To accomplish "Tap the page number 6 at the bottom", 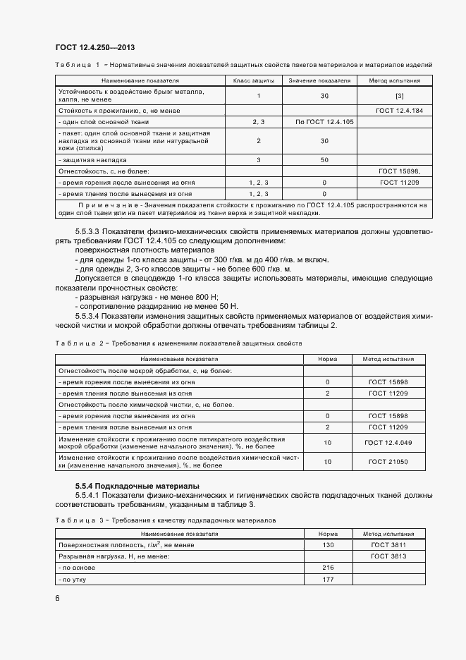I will coord(58,598).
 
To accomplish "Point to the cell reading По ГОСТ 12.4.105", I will coord(324,122).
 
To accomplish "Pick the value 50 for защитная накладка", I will coord(324,160).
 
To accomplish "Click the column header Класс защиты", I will coord(253,80).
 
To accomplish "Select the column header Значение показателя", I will coord(324,80).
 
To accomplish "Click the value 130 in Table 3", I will coord(327,545).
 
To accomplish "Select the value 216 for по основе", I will coord(327,567).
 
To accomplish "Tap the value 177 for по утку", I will coord(327,579).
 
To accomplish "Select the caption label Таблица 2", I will coord(78,343).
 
